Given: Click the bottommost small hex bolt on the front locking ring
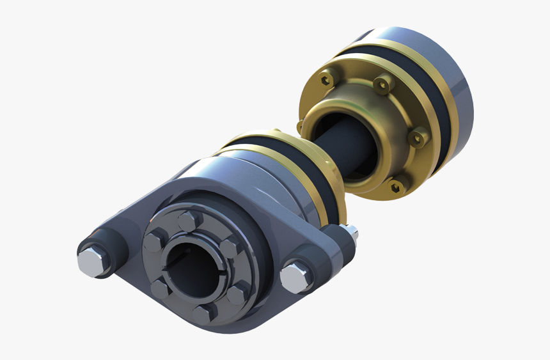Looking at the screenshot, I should (203, 313).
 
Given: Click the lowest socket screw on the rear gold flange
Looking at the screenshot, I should (397, 185).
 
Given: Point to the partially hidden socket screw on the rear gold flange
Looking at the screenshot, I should (299, 125).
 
